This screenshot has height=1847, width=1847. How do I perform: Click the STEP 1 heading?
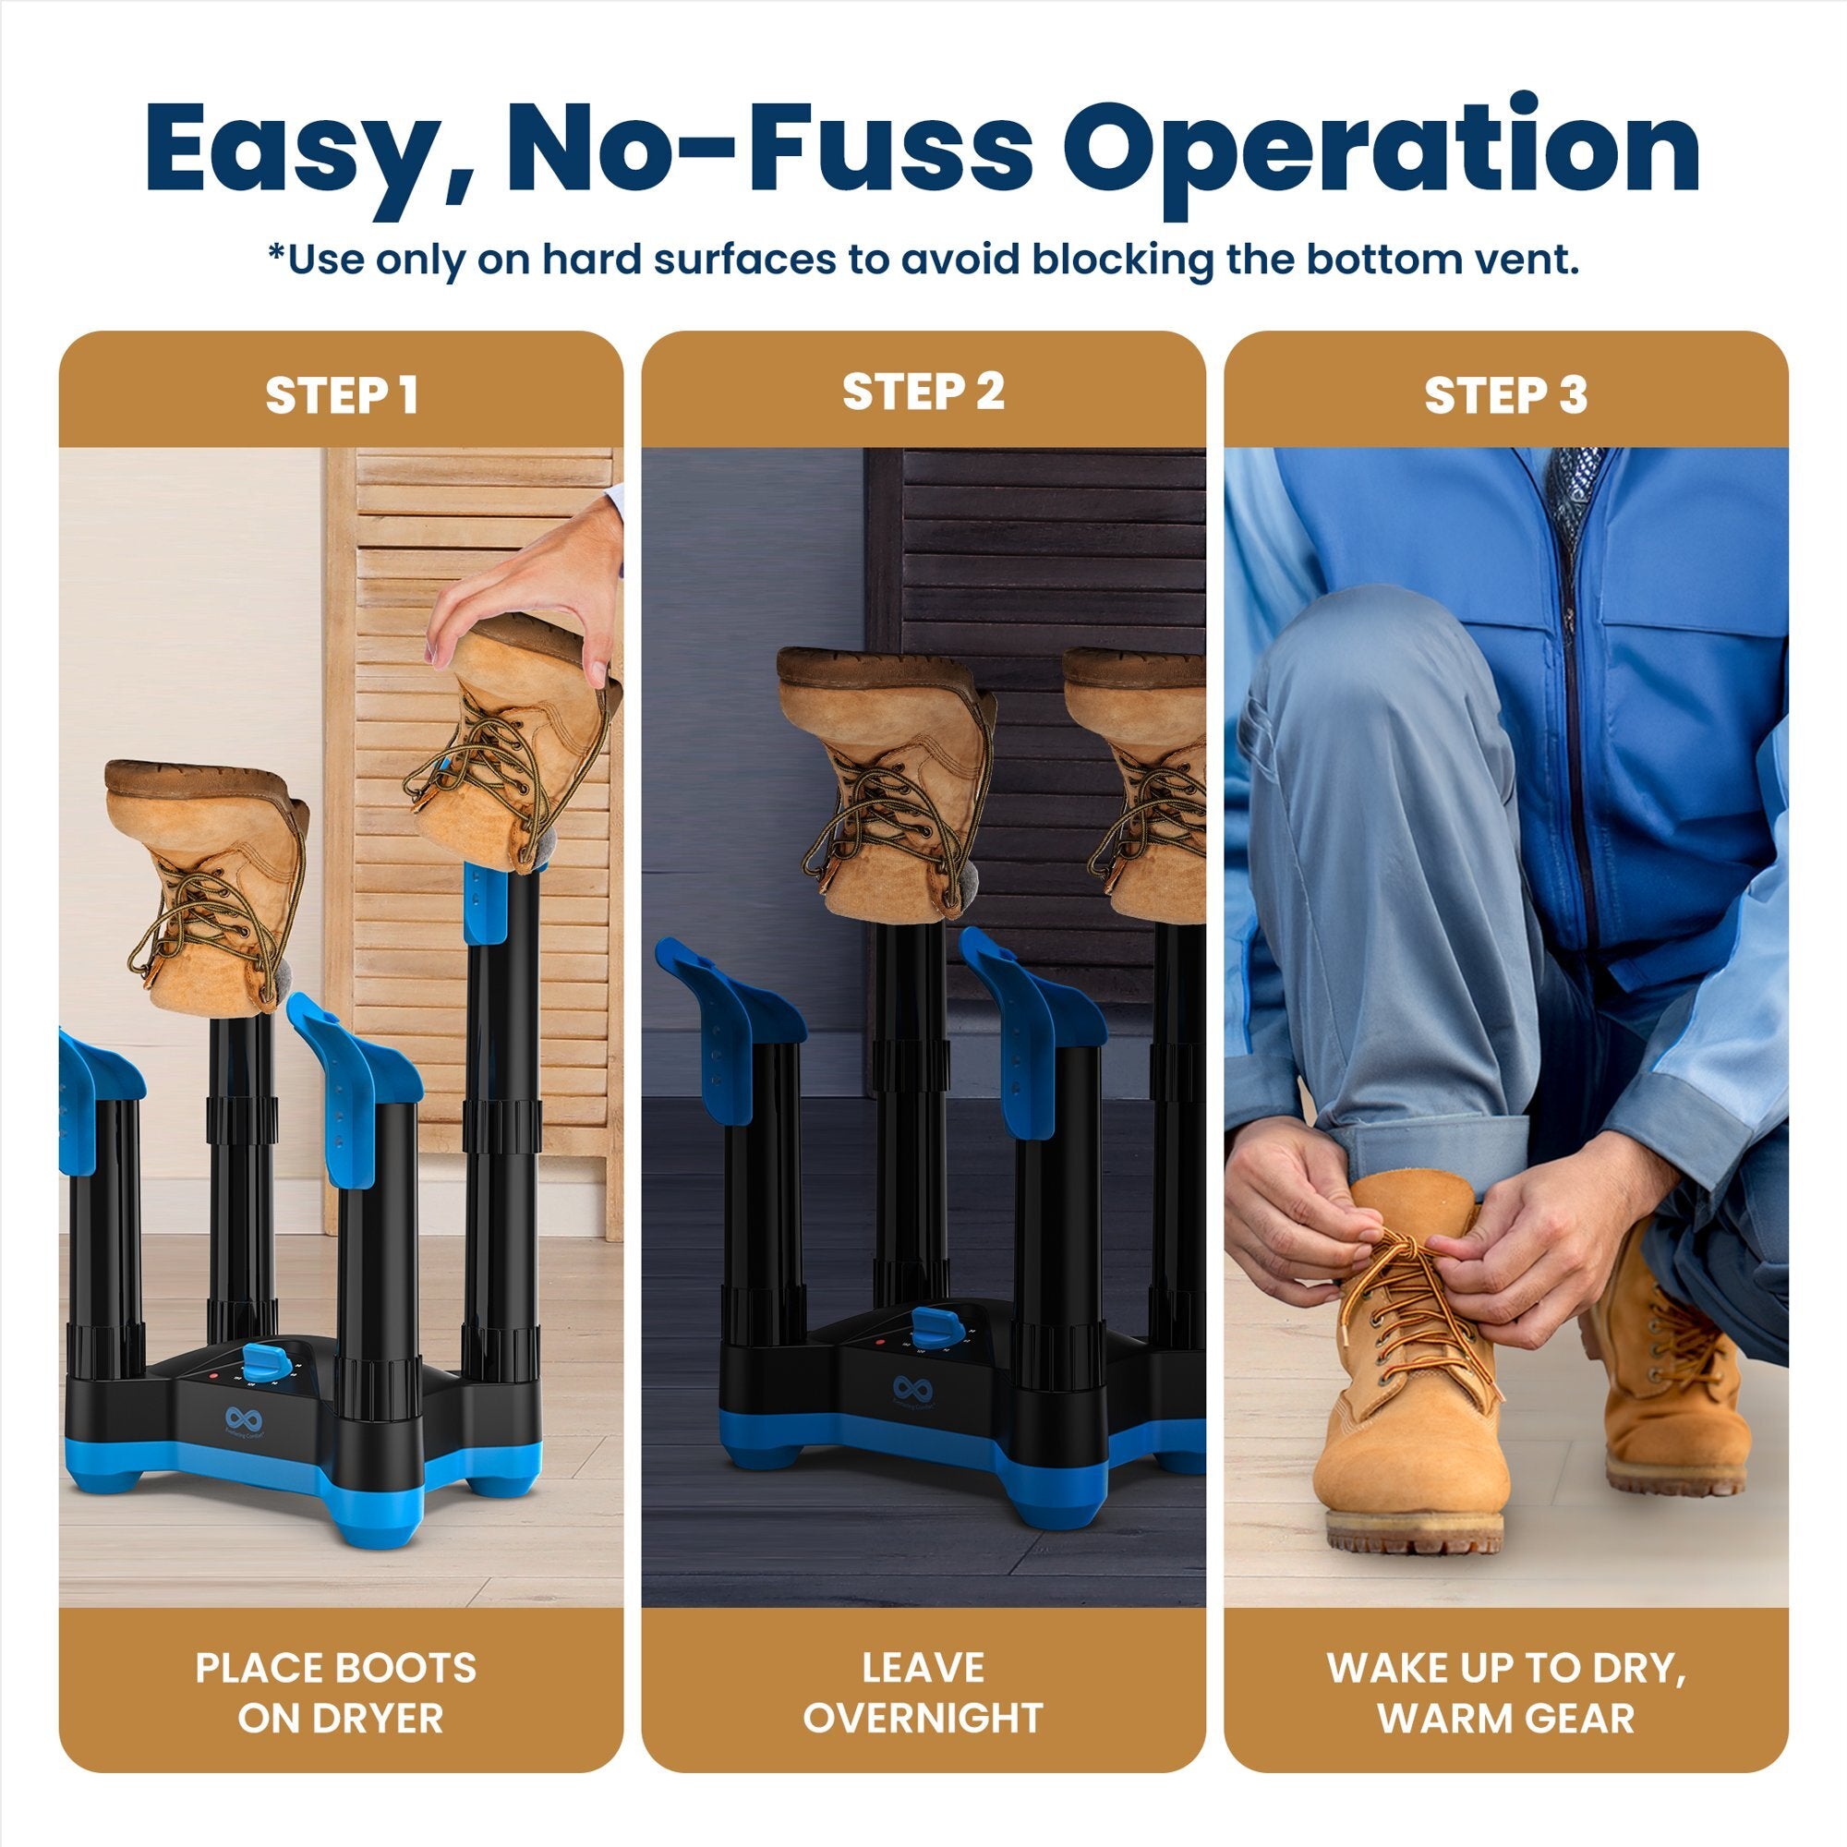pos(342,395)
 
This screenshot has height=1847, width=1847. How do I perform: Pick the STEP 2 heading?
pos(923,391)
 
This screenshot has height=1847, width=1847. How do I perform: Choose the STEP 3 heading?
pos(1504,395)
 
